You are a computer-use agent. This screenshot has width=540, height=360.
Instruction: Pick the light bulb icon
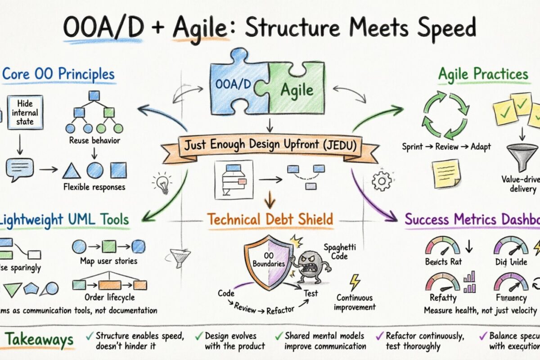pyautogui.click(x=162, y=182)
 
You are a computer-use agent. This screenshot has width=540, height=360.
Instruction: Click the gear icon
pyautogui.click(x=382, y=181)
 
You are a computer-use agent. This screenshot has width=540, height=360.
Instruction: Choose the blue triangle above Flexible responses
pyautogui.click(x=72, y=171)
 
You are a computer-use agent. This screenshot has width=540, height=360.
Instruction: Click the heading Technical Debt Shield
pyautogui.click(x=270, y=219)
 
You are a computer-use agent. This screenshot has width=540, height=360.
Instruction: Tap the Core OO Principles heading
pyautogui.click(x=58, y=74)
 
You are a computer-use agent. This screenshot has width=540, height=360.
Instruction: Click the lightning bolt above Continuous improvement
pyautogui.click(x=355, y=282)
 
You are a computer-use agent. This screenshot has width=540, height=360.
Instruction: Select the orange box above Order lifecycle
pyautogui.click(x=109, y=284)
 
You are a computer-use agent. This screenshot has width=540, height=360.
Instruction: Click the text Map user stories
pyautogui.click(x=108, y=261)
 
